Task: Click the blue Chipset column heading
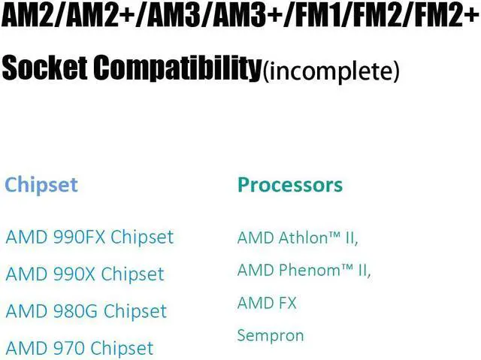coord(41,185)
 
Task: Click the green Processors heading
coord(289,185)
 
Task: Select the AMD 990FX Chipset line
coord(89,237)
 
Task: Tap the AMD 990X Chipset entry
coord(84,274)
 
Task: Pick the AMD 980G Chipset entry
coord(86,310)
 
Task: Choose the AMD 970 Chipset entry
coord(79,348)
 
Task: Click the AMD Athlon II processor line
coord(298,238)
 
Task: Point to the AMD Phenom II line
coord(304,270)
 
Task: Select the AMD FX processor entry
coord(267,303)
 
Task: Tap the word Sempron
coord(271,335)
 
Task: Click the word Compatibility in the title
coord(177,69)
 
